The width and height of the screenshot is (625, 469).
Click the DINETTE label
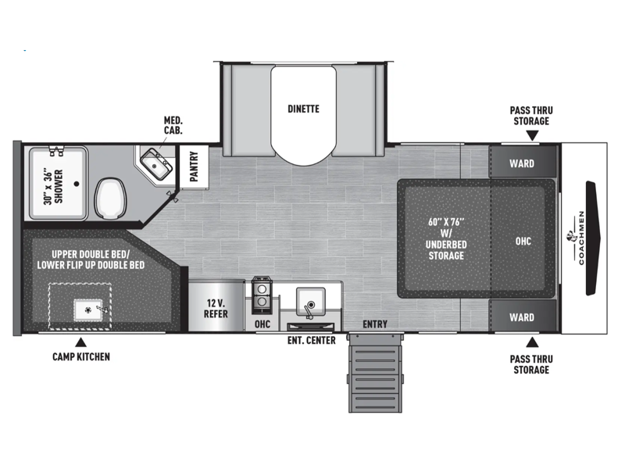[x=303, y=109]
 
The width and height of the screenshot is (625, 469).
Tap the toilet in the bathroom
[x=110, y=199]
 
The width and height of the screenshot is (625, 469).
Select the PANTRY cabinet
[x=194, y=166]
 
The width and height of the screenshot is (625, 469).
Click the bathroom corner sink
[x=156, y=163]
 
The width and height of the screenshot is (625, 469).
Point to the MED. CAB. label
[x=173, y=125]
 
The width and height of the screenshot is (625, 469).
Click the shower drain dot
[x=77, y=184]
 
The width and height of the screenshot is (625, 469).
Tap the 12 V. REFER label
[x=216, y=308]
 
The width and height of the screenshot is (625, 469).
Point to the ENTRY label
[x=375, y=324]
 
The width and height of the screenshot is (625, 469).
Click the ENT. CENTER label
[x=311, y=341]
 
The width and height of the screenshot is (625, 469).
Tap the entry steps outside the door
[x=375, y=374]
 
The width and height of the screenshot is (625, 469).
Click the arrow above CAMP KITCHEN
[x=81, y=342]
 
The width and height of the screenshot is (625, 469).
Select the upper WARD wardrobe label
[x=522, y=163]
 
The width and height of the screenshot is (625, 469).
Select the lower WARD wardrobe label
[x=522, y=317]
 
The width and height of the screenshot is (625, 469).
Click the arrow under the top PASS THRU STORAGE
[x=532, y=136]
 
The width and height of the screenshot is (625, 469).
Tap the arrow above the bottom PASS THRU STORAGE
[x=532, y=342]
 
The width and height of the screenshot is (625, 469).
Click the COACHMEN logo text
[x=581, y=238]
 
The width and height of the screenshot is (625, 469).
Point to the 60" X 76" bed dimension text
[x=446, y=222]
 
